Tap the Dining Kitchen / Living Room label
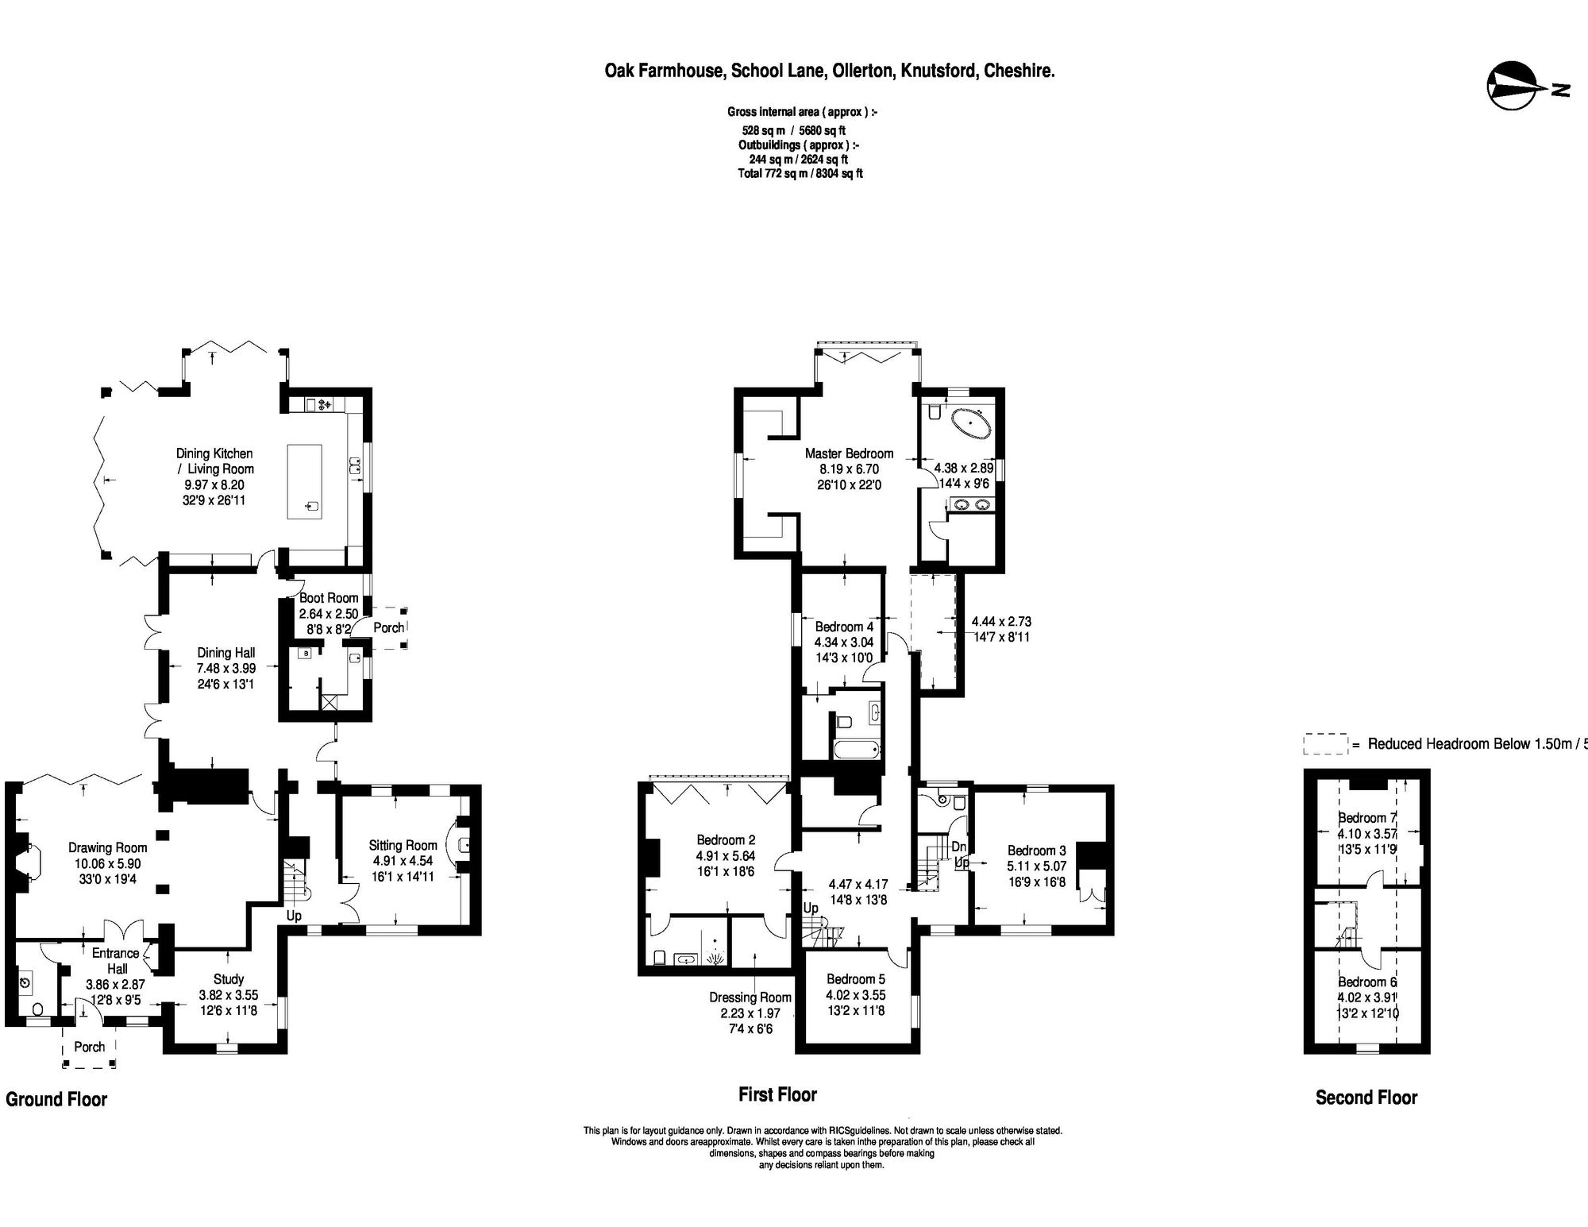click(x=214, y=461)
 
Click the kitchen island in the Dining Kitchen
click(x=306, y=481)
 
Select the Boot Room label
click(x=329, y=598)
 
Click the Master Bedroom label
click(x=849, y=453)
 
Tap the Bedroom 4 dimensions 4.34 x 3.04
click(x=843, y=642)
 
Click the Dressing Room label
click(x=750, y=997)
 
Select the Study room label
click(x=229, y=979)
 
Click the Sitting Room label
click(x=403, y=845)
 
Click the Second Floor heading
click(x=1366, y=1098)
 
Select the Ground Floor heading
click(x=56, y=1099)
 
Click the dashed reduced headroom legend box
click(x=1325, y=743)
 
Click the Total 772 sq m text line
click(x=800, y=173)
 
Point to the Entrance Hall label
click(x=116, y=960)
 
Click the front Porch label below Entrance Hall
click(x=90, y=1047)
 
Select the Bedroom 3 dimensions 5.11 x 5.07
click(x=1037, y=866)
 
